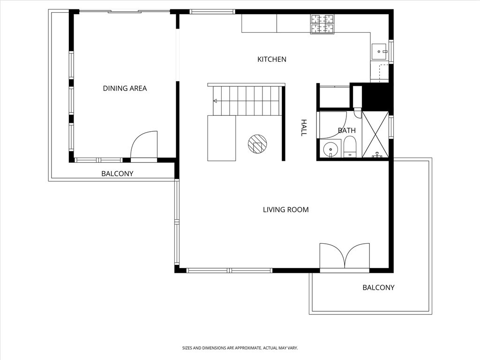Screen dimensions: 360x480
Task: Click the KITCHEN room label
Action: pos(272,60)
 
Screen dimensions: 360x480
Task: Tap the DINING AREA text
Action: pos(125,88)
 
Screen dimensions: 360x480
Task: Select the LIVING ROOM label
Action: pos(285,210)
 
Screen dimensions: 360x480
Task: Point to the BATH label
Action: pos(346,130)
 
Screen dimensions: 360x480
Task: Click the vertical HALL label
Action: pos(303,127)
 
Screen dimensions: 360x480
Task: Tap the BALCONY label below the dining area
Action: pos(117,173)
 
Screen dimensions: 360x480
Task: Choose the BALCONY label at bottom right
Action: pos(378,287)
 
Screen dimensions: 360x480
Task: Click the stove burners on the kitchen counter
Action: pos(322,24)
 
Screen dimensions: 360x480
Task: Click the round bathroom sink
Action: pos(331,149)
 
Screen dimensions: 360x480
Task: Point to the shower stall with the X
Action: pos(375,134)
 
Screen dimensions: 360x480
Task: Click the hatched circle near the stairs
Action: pos(257,144)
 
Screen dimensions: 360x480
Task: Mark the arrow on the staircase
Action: pos(215,101)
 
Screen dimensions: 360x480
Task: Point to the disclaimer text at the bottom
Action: pos(240,348)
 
